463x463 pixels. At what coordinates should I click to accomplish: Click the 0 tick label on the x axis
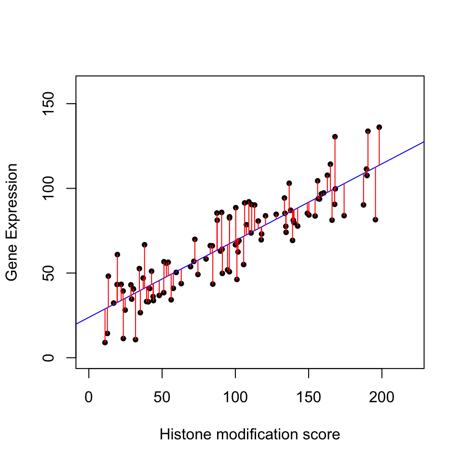89,398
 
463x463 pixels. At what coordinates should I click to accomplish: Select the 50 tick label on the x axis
162,398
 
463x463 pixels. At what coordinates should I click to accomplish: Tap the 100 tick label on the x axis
235,398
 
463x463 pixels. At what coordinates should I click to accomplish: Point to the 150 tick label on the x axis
309,398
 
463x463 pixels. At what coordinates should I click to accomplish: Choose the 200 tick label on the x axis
382,398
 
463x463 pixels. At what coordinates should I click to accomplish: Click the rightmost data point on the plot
379,127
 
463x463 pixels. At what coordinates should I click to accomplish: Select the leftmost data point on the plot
105,342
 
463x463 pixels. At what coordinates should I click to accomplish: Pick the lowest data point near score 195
375,219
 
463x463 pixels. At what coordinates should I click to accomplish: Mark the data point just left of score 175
344,216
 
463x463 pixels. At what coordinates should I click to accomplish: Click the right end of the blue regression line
424,142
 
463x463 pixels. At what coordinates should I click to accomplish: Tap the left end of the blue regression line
76,324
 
